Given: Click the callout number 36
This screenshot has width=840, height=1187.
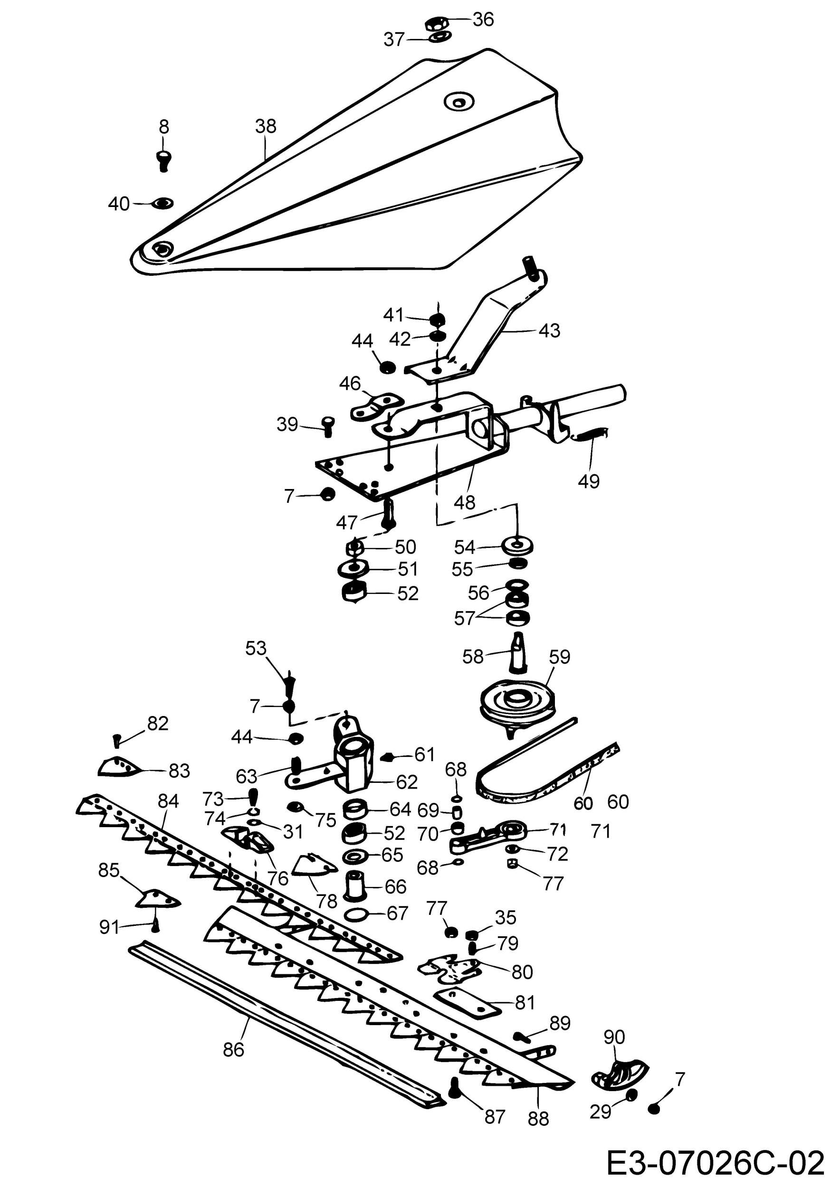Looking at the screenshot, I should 483,19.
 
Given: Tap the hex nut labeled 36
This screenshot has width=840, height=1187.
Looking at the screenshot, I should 433,23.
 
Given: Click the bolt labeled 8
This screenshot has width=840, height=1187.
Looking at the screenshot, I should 164,160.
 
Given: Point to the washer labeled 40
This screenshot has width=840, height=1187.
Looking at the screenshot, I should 162,203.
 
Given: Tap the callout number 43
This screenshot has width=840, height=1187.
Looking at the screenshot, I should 549,330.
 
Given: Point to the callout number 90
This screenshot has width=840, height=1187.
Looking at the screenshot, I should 614,1036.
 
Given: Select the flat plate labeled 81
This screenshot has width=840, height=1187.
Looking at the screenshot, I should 468,1001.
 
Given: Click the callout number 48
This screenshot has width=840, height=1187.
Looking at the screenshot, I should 464,502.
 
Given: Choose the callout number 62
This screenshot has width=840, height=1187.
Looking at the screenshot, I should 406,782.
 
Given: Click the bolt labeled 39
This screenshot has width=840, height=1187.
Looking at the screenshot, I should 327,426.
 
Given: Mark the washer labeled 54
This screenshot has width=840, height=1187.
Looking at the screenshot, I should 517,546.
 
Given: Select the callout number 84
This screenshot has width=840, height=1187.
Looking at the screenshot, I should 168,801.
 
